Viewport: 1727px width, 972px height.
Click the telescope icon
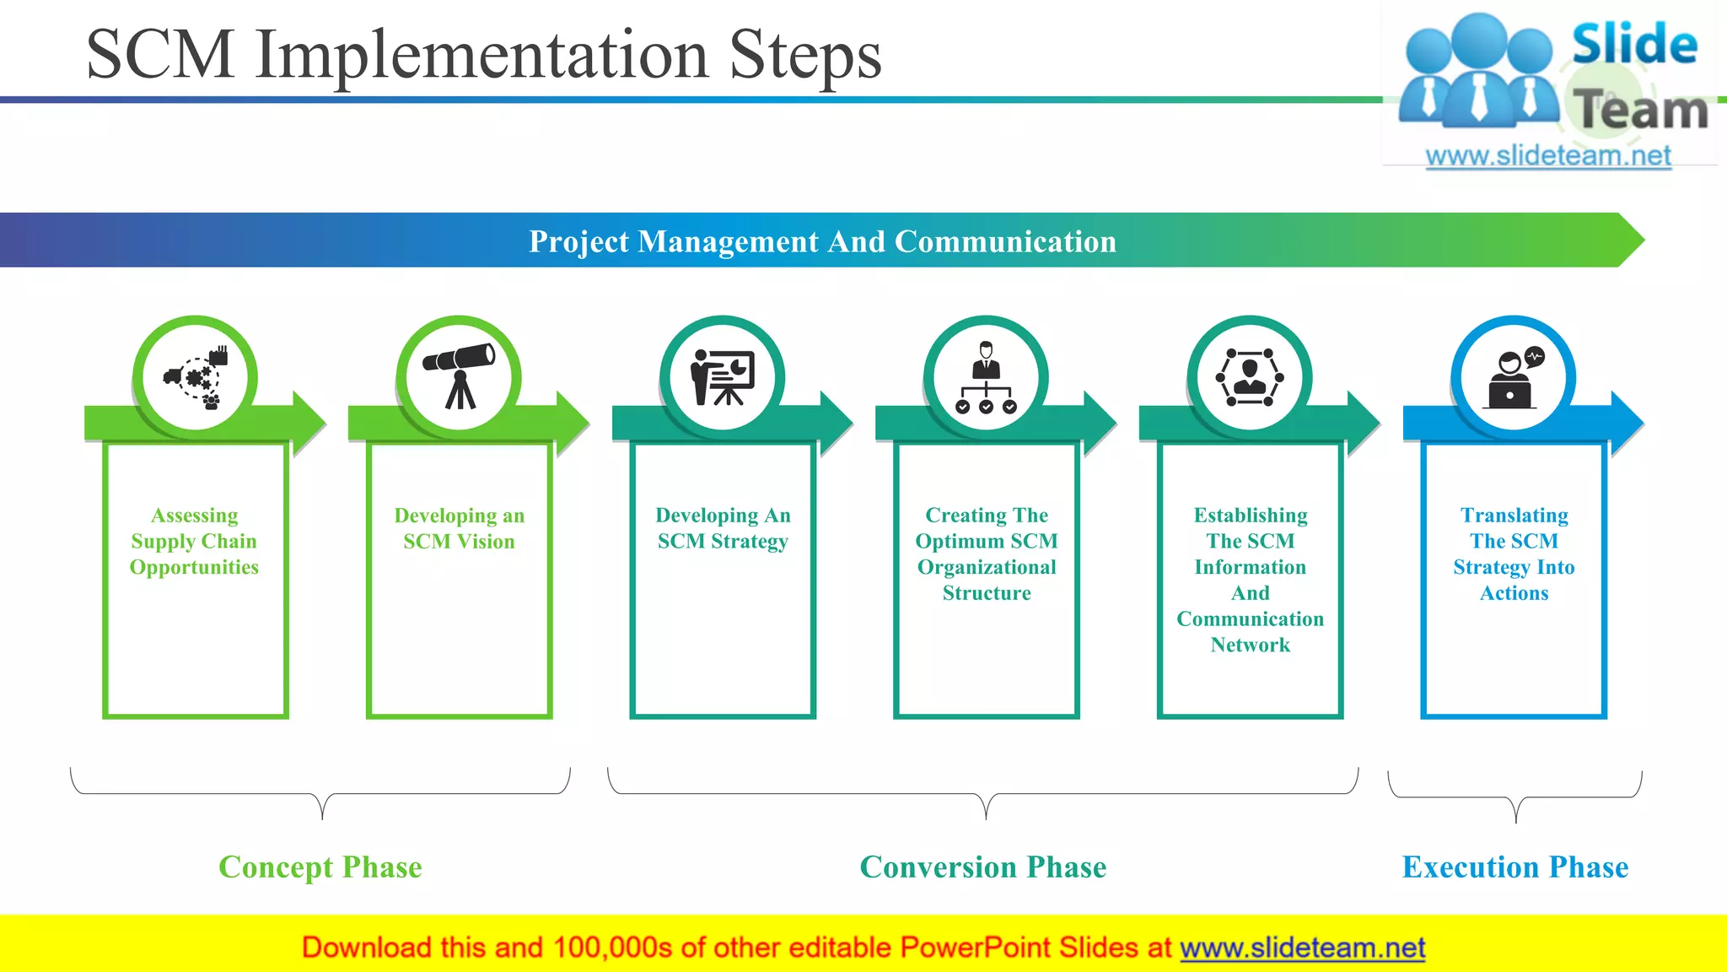click(x=459, y=376)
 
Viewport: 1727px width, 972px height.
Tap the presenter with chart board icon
click(x=723, y=377)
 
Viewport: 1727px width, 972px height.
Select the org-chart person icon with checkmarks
click(x=986, y=378)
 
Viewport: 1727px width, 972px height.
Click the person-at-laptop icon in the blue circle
click(x=1514, y=378)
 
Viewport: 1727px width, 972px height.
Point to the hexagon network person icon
click(x=1250, y=377)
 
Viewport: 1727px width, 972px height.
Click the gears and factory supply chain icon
click(x=196, y=377)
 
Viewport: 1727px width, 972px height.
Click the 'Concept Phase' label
click(x=320, y=867)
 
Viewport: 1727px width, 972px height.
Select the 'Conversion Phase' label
click(x=983, y=867)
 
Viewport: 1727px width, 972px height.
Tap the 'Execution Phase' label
click(x=1514, y=867)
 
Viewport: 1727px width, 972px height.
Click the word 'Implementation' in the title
click(x=481, y=56)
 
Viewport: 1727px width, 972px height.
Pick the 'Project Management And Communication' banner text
click(x=822, y=241)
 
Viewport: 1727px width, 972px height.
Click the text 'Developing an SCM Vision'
click(x=459, y=528)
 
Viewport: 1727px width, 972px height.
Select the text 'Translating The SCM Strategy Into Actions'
click(x=1514, y=553)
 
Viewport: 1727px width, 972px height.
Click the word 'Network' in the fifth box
click(x=1250, y=645)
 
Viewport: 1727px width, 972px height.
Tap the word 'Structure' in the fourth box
click(x=986, y=593)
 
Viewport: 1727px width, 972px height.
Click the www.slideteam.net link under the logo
click(x=1547, y=156)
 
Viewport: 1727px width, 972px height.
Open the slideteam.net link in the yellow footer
click(x=1302, y=948)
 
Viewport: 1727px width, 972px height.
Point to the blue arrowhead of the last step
click(x=1627, y=422)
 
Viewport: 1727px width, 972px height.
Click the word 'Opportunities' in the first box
click(x=194, y=567)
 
